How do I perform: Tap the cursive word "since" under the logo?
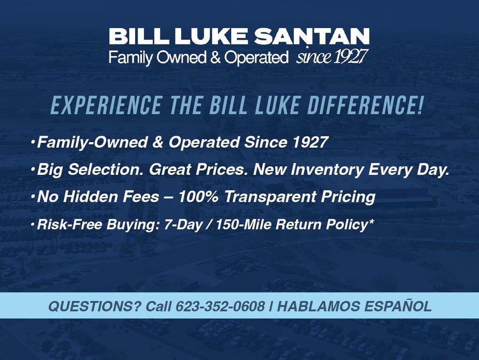(313, 57)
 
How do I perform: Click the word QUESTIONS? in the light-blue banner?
(95, 307)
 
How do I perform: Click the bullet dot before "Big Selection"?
(33, 169)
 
